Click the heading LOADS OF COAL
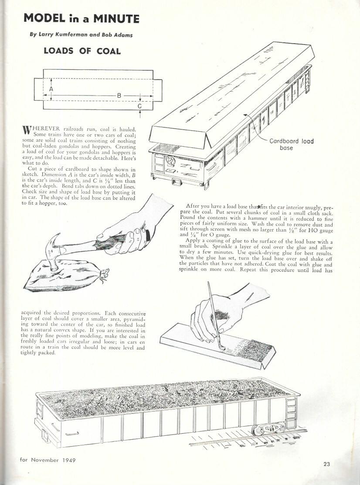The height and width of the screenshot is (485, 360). click(82, 51)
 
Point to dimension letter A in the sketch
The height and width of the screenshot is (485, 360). click(51, 89)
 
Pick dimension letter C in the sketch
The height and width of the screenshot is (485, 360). click(139, 106)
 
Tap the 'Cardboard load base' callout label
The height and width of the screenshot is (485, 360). click(291, 144)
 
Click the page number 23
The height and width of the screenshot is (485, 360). click(327, 464)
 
